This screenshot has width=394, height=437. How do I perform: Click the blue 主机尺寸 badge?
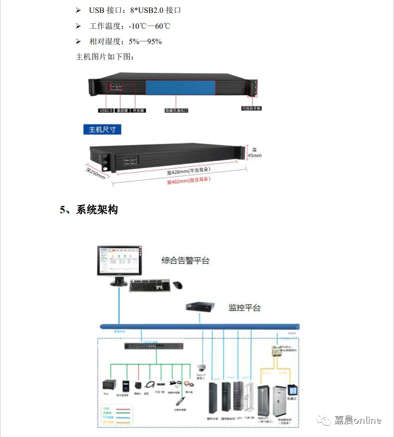pyautogui.click(x=102, y=130)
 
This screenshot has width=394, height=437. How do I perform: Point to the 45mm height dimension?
pyautogui.click(x=254, y=153)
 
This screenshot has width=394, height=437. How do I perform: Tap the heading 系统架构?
pyautogui.click(x=97, y=210)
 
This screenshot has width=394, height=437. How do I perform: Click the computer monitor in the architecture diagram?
pyautogui.click(x=119, y=262)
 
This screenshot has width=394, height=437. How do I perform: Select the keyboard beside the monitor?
pyautogui.click(x=149, y=285)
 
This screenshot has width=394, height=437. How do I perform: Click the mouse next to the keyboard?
pyautogui.click(x=177, y=285)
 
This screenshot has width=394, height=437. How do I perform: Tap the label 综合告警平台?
pyautogui.click(x=186, y=261)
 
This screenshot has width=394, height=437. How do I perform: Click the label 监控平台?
pyautogui.click(x=244, y=308)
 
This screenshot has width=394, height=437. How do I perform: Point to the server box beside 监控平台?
pyautogui.click(x=201, y=307)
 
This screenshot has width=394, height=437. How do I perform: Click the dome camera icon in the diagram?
pyautogui.click(x=201, y=368)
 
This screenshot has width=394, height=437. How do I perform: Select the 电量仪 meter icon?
pyautogui.click(x=292, y=389)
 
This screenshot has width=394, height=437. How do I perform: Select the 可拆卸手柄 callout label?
pyautogui.click(x=251, y=108)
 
